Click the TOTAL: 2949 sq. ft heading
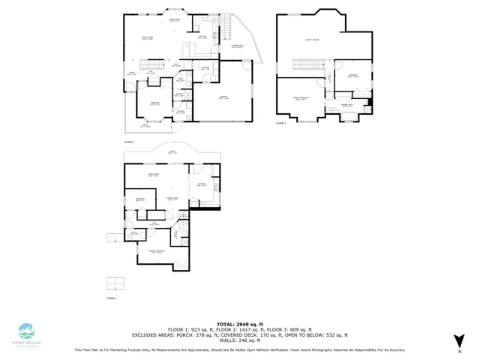[x=240, y=324]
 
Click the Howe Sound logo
[x=27, y=332]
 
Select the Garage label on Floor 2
[x=223, y=97]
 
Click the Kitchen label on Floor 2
[x=202, y=37]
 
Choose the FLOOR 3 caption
[x=281, y=122]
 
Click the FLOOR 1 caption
[x=112, y=298]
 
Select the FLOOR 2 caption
[x=130, y=140]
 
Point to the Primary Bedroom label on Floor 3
[x=301, y=98]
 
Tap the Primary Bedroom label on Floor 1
[x=155, y=253]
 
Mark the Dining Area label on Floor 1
[x=172, y=199]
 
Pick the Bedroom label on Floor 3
[x=352, y=76]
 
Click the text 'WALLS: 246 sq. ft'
[x=240, y=340]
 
